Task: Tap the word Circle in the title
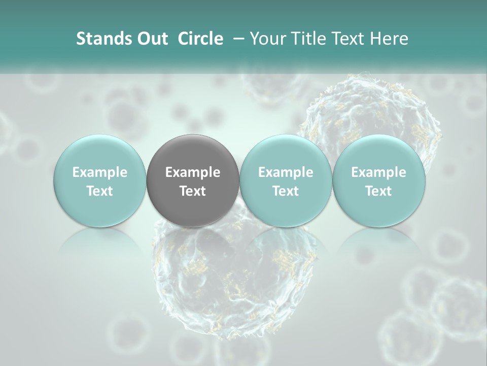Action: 200,39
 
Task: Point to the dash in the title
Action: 237,39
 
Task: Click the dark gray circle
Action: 193,180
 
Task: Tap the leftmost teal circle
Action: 99,180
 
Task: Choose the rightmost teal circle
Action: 378,180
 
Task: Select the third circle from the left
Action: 286,180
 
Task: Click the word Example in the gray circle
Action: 193,172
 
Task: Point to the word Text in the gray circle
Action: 193,191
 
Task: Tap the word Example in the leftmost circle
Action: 99,172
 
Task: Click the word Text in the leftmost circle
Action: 99,191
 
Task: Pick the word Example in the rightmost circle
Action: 378,172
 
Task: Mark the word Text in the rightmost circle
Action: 378,191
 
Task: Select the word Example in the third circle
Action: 286,172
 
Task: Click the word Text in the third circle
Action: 286,191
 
